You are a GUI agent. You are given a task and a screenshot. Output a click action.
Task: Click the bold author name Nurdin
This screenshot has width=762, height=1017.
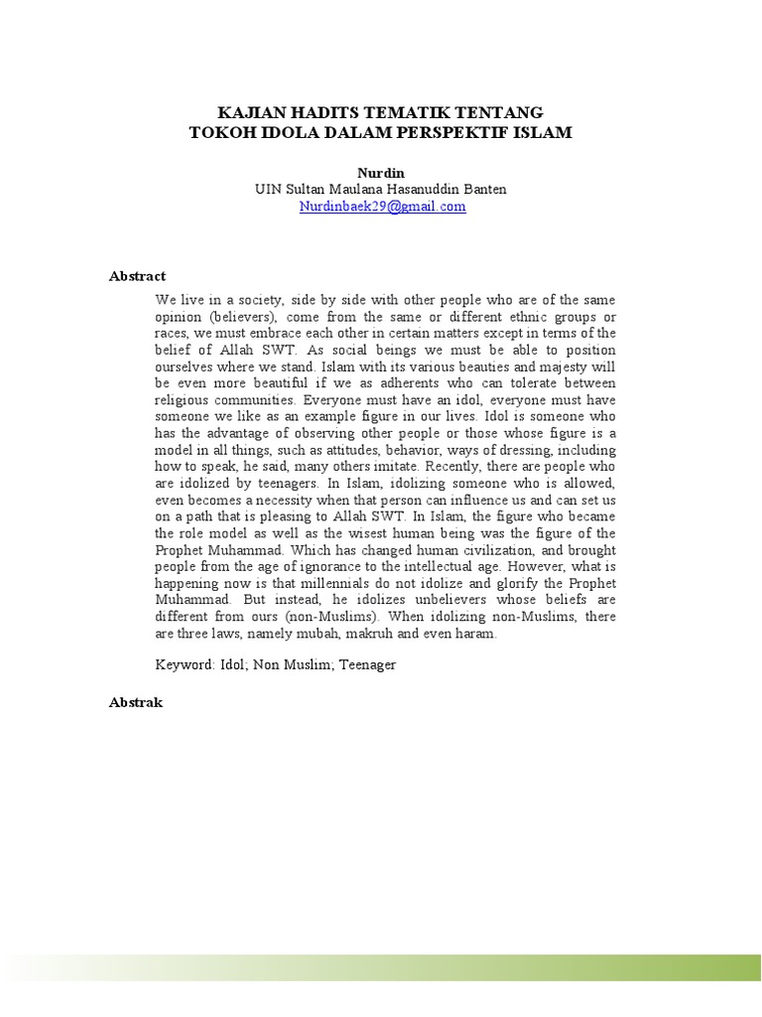click(x=381, y=172)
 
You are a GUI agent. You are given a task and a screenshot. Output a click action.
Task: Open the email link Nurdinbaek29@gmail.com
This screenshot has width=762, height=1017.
click(x=382, y=207)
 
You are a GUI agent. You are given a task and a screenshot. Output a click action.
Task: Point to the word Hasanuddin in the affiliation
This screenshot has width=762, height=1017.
click(x=427, y=189)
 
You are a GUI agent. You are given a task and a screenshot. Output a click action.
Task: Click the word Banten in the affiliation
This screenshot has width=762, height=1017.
click(x=485, y=189)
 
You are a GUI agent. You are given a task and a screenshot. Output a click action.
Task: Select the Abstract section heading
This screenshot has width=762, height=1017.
click(x=137, y=276)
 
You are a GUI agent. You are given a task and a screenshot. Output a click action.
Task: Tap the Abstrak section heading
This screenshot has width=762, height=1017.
click(x=136, y=702)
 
